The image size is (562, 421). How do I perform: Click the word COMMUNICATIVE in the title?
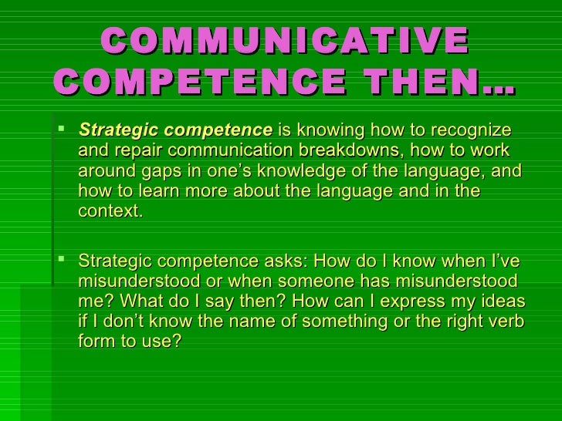(x=284, y=40)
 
